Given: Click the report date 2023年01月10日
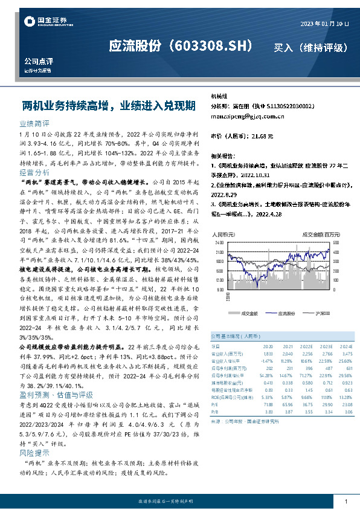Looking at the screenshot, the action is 325,23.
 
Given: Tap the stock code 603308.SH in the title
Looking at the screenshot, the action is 205,47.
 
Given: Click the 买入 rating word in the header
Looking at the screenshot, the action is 286,47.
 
